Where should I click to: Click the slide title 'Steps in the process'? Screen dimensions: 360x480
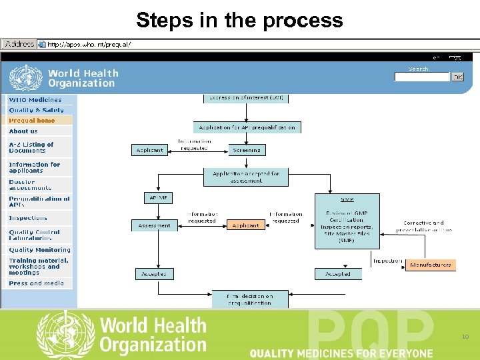click(x=239, y=20)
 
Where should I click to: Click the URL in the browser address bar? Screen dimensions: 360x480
click(x=89, y=45)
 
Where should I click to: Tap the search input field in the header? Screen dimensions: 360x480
click(x=421, y=77)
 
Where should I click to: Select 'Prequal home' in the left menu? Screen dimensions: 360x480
click(x=32, y=121)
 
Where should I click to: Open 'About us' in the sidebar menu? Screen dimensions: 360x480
click(x=23, y=131)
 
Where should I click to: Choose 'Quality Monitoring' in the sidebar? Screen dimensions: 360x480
click(x=39, y=250)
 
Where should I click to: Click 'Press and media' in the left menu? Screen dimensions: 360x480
click(x=36, y=283)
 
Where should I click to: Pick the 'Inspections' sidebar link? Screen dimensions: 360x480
click(x=28, y=218)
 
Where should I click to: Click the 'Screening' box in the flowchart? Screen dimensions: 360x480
click(x=247, y=150)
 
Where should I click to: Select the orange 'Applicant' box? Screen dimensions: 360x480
click(x=245, y=225)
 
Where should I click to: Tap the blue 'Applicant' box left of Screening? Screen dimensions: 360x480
click(x=149, y=150)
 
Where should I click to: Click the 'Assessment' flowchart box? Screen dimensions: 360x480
click(x=154, y=225)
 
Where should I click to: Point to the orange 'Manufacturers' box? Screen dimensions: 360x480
click(x=430, y=265)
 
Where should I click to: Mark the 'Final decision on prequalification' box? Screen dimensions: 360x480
click(x=249, y=299)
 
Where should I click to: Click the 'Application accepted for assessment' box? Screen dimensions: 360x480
click(x=246, y=177)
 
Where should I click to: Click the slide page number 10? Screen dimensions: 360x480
click(x=465, y=337)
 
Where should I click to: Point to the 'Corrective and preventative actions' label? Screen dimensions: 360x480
click(x=423, y=226)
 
